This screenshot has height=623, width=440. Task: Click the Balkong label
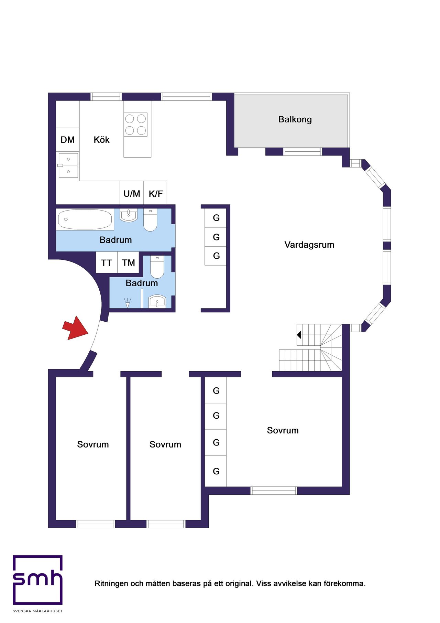(295, 119)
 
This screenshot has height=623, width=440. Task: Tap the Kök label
(101, 139)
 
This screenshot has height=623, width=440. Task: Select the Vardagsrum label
(309, 245)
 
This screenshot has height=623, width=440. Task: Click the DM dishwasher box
(68, 140)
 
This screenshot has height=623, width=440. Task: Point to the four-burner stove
(136, 125)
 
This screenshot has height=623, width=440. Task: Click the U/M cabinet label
(132, 194)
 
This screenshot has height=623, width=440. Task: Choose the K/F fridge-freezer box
(155, 193)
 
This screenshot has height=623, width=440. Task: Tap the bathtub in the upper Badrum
(85, 219)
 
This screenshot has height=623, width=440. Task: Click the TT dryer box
(107, 262)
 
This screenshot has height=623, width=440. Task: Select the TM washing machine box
(128, 262)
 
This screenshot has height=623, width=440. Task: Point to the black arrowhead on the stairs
(299, 334)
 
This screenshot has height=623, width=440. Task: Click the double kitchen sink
(68, 165)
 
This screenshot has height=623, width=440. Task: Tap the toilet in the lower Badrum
(157, 267)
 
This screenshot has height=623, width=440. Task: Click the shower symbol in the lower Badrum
(128, 303)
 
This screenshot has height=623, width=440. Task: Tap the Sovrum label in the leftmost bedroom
(93, 444)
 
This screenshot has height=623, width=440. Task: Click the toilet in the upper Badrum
(150, 220)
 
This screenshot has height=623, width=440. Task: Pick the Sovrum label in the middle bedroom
(165, 444)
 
